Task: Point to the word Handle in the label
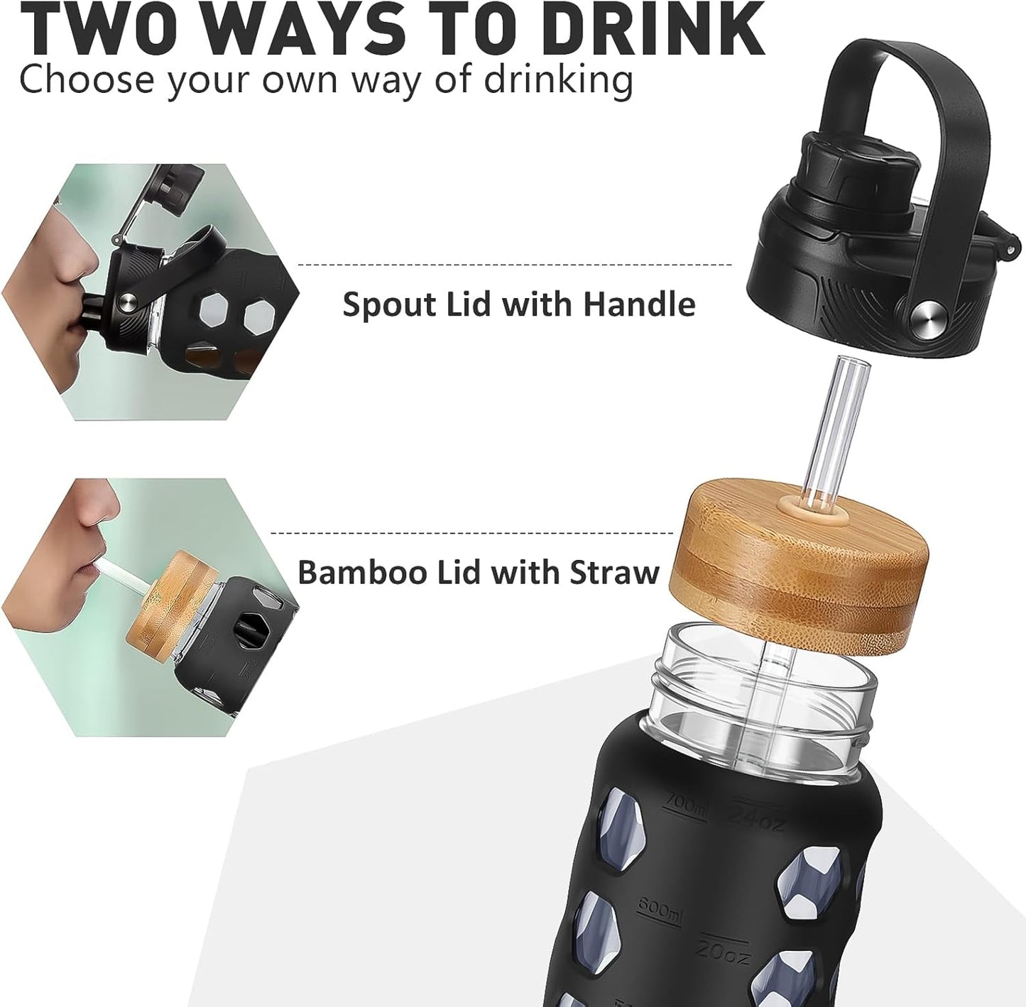click(x=639, y=304)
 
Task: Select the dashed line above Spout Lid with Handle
click(x=514, y=265)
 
